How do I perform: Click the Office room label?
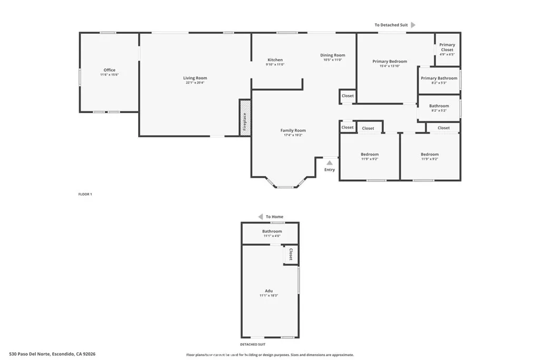tap(109, 70)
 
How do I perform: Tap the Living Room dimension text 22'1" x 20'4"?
tap(195, 83)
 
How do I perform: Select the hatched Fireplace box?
tap(245, 118)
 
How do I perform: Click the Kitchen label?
tap(275, 60)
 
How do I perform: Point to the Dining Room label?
tap(333, 55)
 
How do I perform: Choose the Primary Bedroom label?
tap(390, 62)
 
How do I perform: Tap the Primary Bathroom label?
tap(439, 79)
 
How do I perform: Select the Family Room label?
tap(293, 131)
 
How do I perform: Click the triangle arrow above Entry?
tap(329, 163)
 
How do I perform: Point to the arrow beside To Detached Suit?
tap(413, 25)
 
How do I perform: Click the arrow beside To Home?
tap(260, 217)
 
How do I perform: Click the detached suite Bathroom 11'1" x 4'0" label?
tap(272, 231)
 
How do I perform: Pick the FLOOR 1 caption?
tap(85, 194)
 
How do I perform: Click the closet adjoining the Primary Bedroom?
tap(348, 96)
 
